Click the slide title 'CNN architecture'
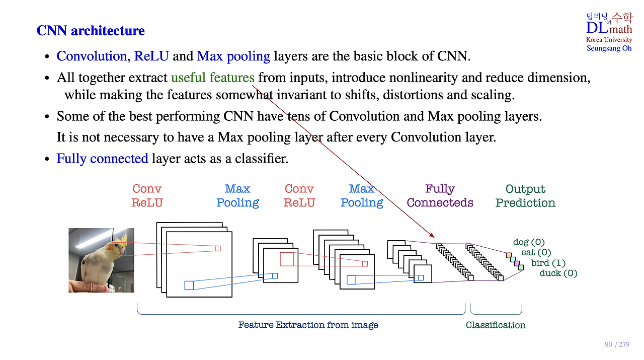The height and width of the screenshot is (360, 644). [x=91, y=31]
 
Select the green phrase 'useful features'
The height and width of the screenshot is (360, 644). [x=212, y=78]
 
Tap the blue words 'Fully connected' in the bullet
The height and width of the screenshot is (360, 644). [x=102, y=159]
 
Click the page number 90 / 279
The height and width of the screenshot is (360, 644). [x=617, y=344]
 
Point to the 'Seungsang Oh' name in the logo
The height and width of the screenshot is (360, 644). [x=609, y=48]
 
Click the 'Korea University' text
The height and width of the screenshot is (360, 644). [x=609, y=40]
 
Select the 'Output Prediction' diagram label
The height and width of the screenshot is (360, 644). [x=525, y=196]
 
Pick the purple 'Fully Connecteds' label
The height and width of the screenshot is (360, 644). [x=440, y=196]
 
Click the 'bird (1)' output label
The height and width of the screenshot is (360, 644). [x=548, y=263]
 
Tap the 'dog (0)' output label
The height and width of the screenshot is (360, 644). [x=529, y=243]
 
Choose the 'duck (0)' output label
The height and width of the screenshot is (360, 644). [x=558, y=273]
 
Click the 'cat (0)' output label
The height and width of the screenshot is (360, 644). [x=536, y=253]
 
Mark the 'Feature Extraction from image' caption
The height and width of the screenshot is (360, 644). [x=308, y=325]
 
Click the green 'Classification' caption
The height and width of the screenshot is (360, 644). [x=496, y=325]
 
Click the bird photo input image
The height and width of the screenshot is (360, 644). [x=101, y=260]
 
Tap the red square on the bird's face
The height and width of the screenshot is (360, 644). [x=118, y=249]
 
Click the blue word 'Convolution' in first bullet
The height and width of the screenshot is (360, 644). [x=92, y=56]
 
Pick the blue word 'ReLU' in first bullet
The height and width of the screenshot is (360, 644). [x=151, y=56]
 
